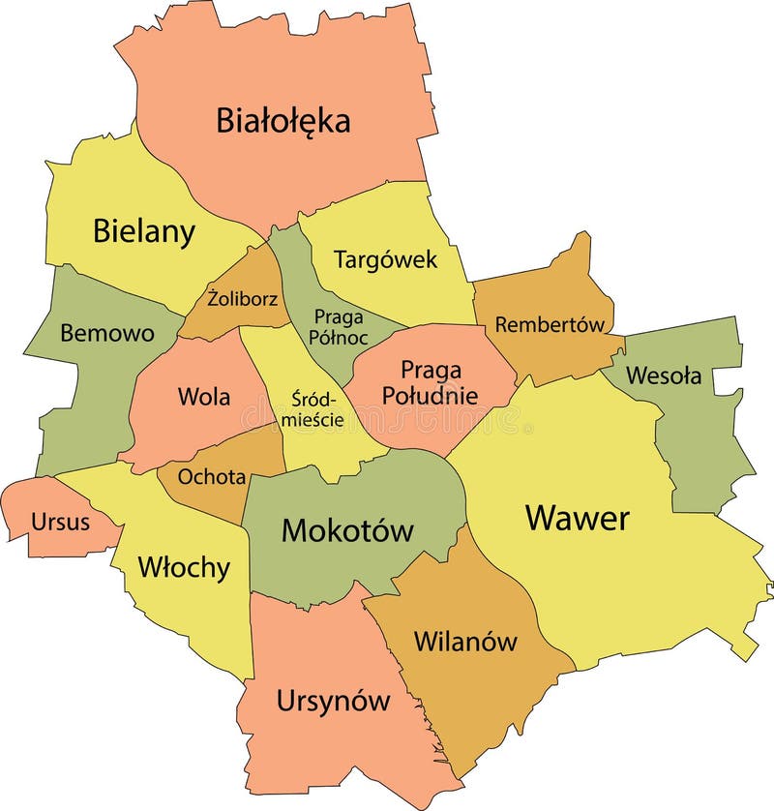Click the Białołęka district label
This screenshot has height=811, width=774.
[283, 121]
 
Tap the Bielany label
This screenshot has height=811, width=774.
[144, 231]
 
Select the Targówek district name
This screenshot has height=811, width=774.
[386, 259]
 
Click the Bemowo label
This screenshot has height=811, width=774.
[106, 334]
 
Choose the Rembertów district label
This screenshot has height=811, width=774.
[550, 324]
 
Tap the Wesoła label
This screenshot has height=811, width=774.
[664, 375]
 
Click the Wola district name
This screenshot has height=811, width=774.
[204, 397]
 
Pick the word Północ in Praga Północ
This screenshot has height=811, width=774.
[339, 337]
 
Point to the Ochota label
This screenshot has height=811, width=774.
[212, 477]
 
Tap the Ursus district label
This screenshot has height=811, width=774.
[60, 523]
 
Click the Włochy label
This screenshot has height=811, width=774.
[184, 566]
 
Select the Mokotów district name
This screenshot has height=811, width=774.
[347, 530]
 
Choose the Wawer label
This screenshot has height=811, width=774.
[578, 518]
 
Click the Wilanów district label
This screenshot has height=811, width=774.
[465, 641]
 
